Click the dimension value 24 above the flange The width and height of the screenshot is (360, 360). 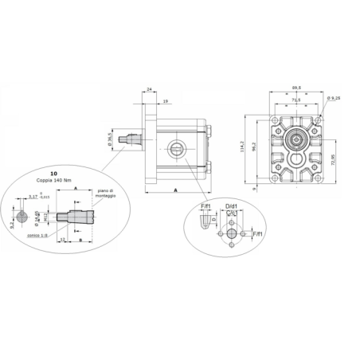click(149, 90)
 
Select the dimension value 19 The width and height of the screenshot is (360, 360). click(164, 101)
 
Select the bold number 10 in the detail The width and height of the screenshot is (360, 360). click(53, 173)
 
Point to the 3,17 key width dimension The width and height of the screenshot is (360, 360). click(33, 196)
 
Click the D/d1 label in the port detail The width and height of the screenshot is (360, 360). click(231, 206)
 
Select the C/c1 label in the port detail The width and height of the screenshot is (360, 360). click(230, 214)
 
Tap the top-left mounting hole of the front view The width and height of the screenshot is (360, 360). click(276, 119)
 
